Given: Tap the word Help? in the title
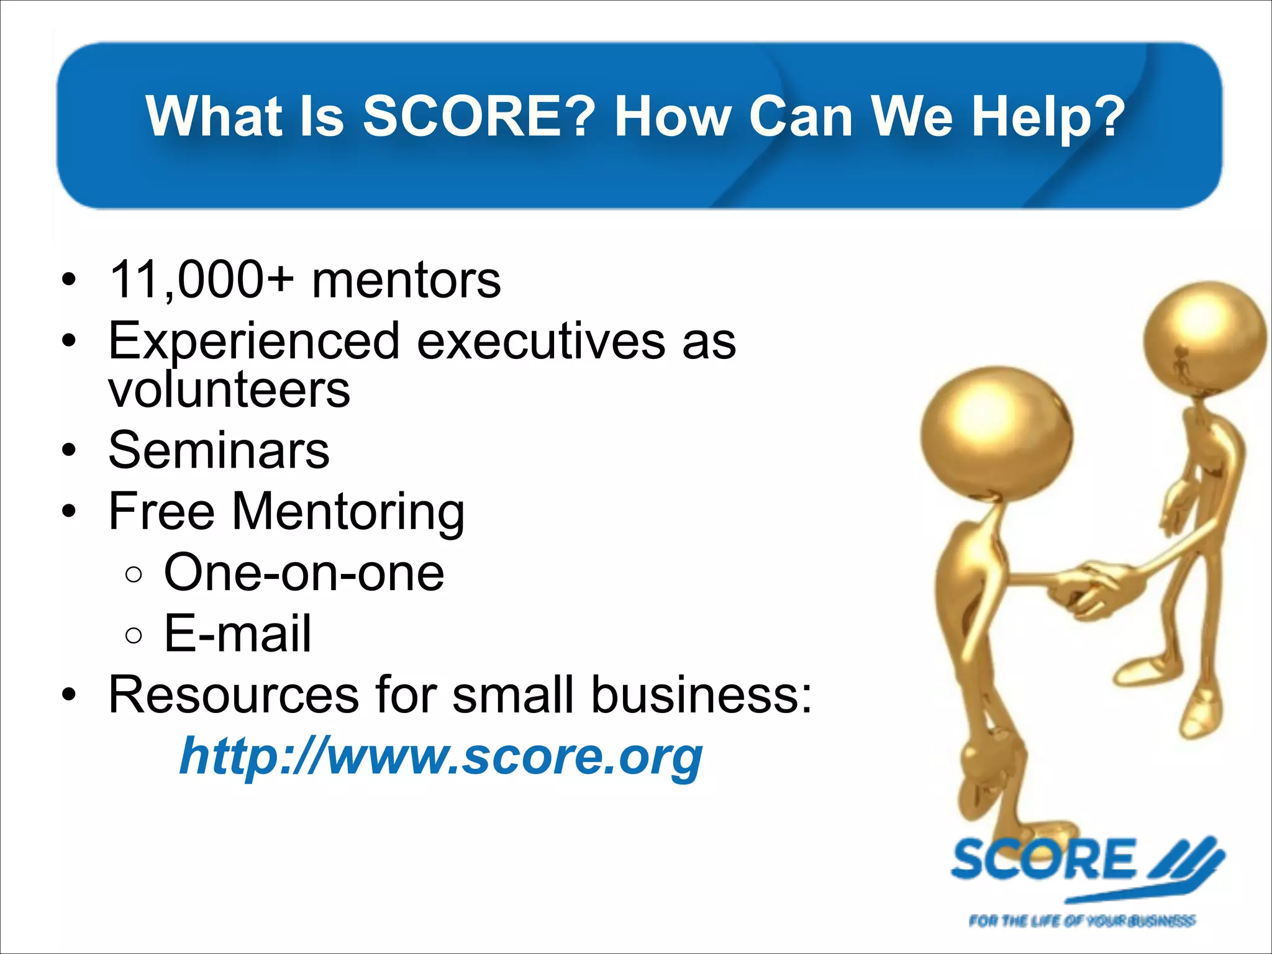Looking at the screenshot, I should [x=1048, y=116].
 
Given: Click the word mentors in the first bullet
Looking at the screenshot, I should [x=406, y=280].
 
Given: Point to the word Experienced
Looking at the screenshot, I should [x=254, y=342].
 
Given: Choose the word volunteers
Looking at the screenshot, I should [x=229, y=389].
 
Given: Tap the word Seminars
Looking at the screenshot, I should [x=219, y=450].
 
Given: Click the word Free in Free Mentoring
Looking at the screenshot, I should [x=161, y=511].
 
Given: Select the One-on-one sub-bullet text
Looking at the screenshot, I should [x=304, y=573].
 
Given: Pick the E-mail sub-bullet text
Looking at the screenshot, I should [x=237, y=634].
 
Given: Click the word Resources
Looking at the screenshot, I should [x=234, y=694].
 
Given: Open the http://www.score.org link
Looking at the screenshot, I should [x=441, y=756].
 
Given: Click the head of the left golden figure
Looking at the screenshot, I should [x=996, y=433].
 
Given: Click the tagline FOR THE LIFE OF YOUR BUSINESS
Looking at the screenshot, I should [x=1081, y=920].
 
